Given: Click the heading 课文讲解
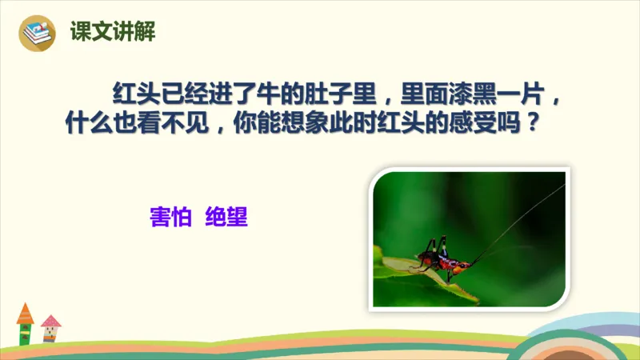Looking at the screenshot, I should coord(112,32).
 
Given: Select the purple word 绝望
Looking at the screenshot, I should coord(226,216).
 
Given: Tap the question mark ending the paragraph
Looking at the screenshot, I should coord(529,126).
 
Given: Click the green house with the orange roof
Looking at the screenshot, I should coord(26,323).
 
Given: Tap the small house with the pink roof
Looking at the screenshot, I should coord(51,327).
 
